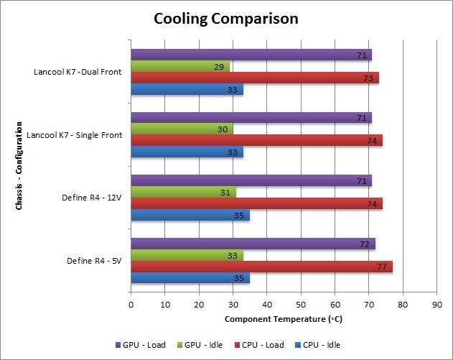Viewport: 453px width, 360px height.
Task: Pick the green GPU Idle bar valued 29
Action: point(180,67)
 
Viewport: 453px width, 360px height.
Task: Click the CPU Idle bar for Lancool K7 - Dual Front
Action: point(187,90)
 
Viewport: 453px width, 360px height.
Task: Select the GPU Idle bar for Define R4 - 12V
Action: point(183,192)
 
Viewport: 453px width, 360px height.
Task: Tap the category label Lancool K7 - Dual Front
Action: point(78,72)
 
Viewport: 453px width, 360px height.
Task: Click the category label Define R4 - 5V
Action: point(94,260)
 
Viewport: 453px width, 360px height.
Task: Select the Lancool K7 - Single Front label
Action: point(74,134)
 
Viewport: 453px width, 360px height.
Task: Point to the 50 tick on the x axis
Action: point(301,304)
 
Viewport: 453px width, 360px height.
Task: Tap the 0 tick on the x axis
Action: point(131,304)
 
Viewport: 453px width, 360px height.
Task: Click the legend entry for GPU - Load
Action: point(140,345)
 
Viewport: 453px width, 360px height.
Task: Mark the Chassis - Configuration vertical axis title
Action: point(17,165)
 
